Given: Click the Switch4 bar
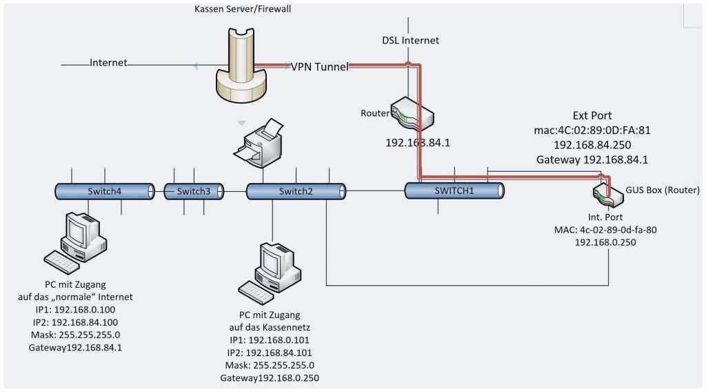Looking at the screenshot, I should tap(104, 191).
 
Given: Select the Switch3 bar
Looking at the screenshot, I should tap(194, 191).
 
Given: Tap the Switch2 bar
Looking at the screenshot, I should tap(295, 191).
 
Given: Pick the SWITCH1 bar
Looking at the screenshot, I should tap(454, 191).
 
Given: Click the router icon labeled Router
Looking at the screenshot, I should tap(412, 113).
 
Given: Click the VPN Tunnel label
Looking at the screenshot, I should tap(319, 66).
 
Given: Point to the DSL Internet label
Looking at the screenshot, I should tap(410, 40).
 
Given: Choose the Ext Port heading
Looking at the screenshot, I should tap(592, 115).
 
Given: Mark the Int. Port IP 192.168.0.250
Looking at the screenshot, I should tap(605, 243).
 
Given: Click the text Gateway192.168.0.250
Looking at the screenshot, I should tap(270, 378).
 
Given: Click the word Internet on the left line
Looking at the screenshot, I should tap(108, 63).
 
